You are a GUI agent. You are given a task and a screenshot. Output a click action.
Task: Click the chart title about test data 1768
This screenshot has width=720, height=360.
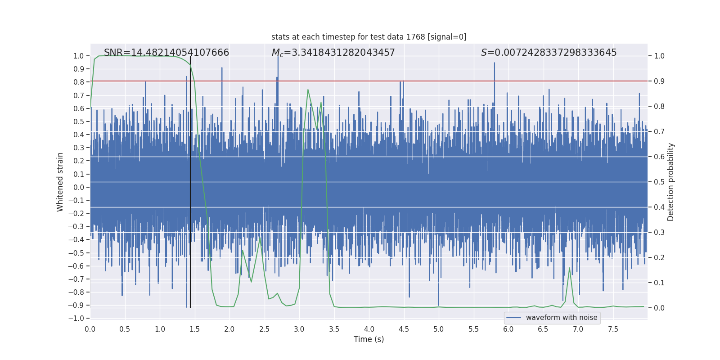point(369,37)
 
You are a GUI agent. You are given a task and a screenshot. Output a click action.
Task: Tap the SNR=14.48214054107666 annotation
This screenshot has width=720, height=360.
point(166,53)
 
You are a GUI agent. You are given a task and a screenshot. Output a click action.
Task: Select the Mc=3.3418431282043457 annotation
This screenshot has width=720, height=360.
point(333,53)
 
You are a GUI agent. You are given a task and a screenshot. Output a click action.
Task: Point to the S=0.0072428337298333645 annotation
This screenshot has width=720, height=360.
point(549,53)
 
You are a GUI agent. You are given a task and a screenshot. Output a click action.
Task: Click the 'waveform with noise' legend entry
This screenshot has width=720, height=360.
point(561,318)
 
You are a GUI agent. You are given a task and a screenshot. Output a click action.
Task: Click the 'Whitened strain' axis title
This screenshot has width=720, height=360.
point(60,182)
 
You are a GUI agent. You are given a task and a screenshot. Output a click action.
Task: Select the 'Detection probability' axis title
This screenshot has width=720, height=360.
point(671,182)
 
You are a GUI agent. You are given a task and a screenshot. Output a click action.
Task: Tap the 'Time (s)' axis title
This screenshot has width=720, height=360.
point(369,339)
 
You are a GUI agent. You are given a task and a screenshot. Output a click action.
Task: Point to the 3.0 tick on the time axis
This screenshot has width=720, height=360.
point(299,329)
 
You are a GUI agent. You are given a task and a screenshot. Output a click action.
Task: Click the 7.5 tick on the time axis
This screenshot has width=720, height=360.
point(613,329)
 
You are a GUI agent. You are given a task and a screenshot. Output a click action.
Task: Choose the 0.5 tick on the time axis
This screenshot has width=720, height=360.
point(125,329)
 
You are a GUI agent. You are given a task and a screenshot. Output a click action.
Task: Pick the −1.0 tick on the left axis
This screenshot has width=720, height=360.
point(78,318)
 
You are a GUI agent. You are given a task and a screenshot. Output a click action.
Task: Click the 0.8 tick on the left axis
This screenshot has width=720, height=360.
point(79,82)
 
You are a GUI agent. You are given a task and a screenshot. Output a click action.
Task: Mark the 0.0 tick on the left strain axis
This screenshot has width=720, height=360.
point(79,187)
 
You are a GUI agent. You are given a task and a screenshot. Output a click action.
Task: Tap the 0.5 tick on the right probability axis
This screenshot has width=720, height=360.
point(659,182)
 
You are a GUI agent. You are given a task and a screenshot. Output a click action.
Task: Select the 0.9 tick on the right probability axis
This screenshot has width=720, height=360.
point(659,81)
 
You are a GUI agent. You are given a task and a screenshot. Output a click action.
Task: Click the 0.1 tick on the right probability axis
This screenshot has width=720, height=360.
point(659,283)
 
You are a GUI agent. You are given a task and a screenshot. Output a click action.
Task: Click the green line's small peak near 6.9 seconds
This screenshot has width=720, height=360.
point(569,268)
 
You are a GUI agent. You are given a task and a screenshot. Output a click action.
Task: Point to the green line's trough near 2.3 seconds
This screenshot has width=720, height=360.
point(251,282)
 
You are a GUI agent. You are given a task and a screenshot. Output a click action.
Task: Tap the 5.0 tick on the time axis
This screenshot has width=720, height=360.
point(438,329)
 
